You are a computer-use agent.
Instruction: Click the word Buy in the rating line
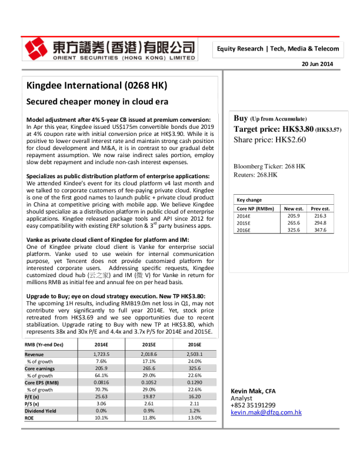tap(241, 118)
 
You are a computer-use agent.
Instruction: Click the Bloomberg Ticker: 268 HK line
tap(269, 166)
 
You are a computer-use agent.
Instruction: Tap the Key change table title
tap(249, 200)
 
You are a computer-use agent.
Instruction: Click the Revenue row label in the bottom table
tap(35, 355)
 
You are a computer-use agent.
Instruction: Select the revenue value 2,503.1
tap(194, 355)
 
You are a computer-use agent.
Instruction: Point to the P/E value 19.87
tap(149, 397)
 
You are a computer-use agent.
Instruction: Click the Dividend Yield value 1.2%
tap(194, 411)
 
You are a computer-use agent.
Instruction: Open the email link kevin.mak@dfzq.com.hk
tap(266, 412)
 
